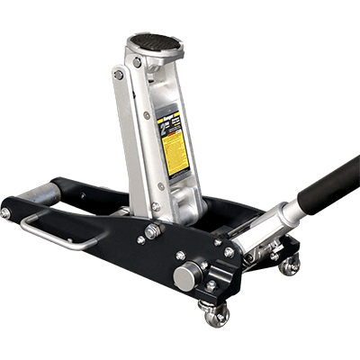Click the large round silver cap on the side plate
[185, 277]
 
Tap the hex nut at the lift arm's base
[152, 232]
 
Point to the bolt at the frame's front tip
[6, 212]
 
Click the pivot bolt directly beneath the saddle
[137, 63]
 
